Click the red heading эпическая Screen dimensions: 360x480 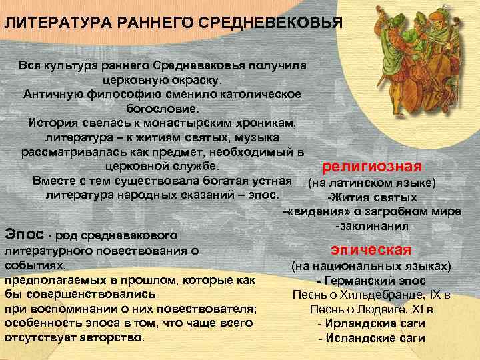[x=371, y=250]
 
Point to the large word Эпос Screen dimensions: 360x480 [x=25, y=234]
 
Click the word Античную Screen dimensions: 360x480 [x=53, y=93]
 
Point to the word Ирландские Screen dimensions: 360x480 [x=360, y=323]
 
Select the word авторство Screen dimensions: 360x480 [x=113, y=337]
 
